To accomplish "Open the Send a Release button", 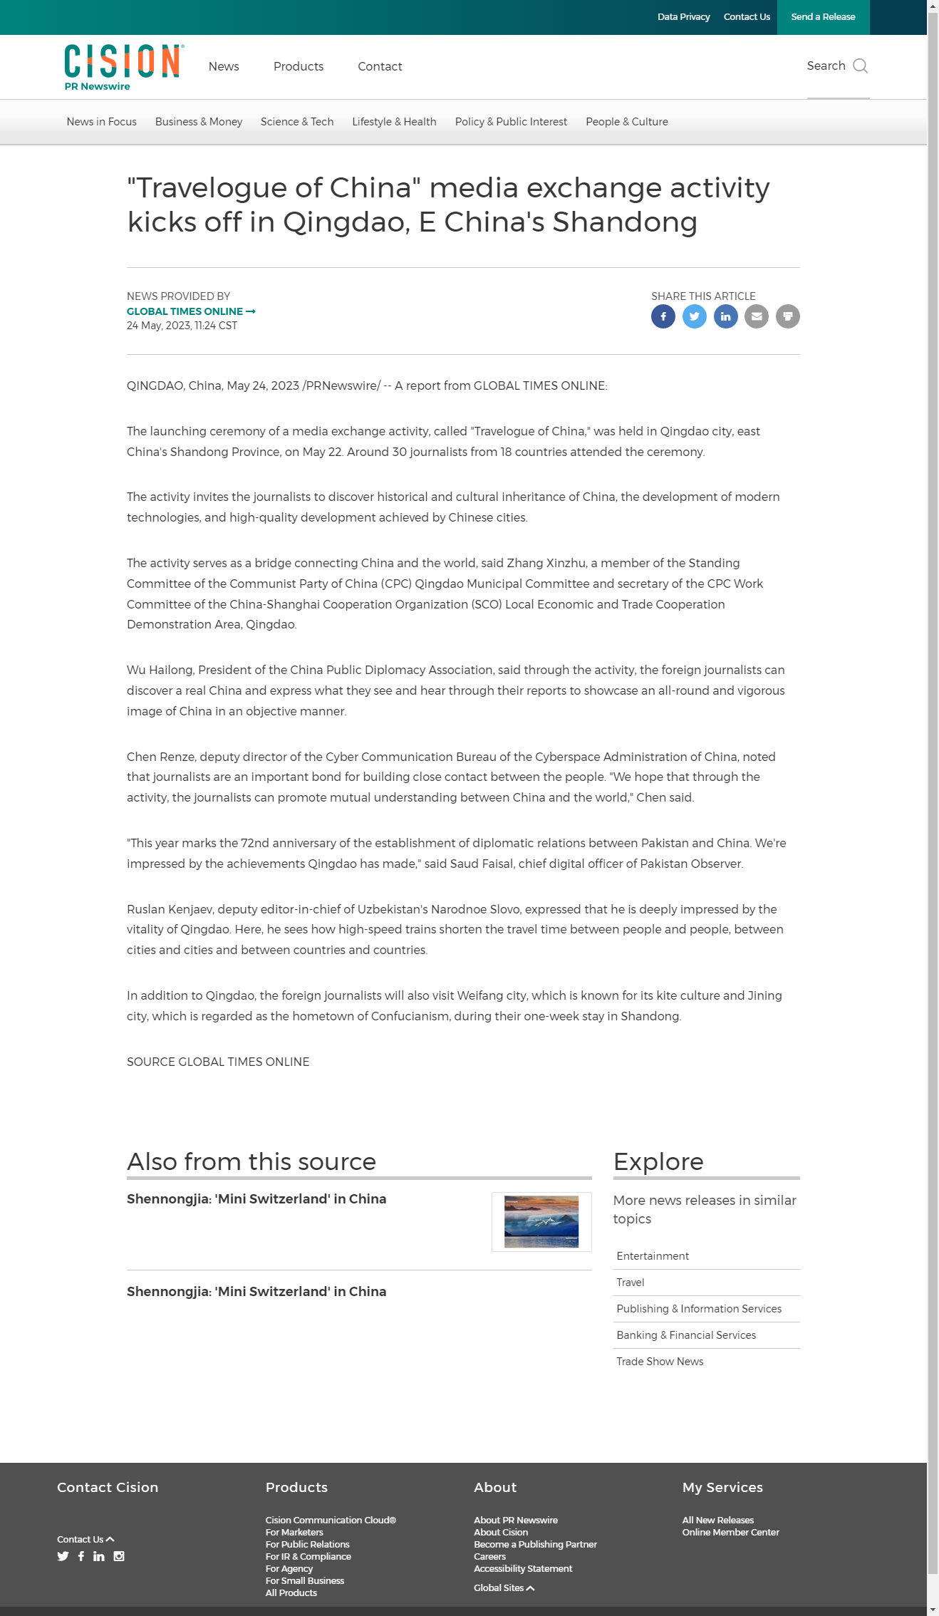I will pos(823,17).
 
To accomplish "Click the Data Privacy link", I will pos(683,17).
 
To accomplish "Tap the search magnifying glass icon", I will pos(861,66).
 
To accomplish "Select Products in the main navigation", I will pos(299,66).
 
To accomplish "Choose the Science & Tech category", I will pos(297,122).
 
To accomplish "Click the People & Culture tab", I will pos(627,122).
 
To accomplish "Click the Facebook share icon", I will pos(663,316).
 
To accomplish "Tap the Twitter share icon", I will pos(695,316).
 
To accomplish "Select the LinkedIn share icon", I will pos(726,316).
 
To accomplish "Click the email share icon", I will pos(757,316).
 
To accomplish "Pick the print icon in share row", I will pos(788,316).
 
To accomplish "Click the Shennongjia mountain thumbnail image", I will pos(541,1222).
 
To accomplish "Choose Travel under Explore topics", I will pos(631,1283).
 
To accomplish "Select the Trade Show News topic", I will pos(660,1362).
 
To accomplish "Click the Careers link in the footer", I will pos(490,1557).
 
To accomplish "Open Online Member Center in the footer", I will pos(730,1533).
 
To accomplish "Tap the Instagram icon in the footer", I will pos(119,1556).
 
